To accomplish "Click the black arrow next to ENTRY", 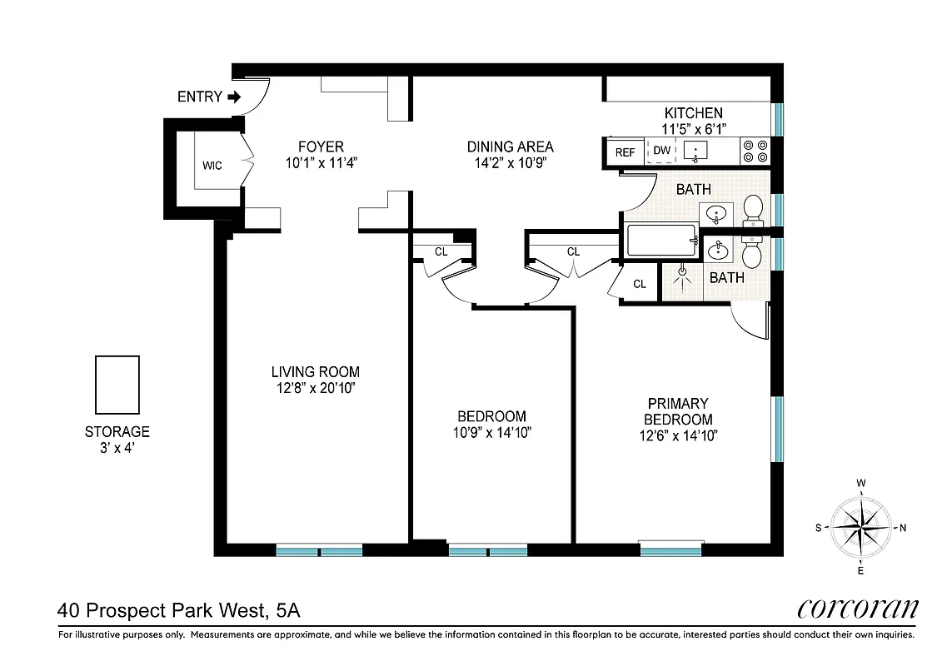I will click(x=234, y=97).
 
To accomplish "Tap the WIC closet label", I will click(x=212, y=166).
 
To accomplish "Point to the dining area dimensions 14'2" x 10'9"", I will click(x=510, y=163).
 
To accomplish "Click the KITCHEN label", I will click(x=693, y=113).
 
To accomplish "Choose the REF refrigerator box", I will click(x=625, y=152).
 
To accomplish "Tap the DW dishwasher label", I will click(x=662, y=151).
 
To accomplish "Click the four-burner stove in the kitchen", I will click(x=755, y=152).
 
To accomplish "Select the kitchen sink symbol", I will click(x=695, y=152).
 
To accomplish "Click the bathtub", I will click(x=660, y=241).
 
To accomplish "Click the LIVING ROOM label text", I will click(x=315, y=372).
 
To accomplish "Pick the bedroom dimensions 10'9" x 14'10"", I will click(x=491, y=432).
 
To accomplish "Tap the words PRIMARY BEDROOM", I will click(x=677, y=411).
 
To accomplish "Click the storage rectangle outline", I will click(x=117, y=385).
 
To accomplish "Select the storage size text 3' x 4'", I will click(x=117, y=448).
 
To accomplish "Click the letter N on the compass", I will click(x=903, y=528).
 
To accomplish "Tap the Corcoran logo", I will click(x=857, y=609).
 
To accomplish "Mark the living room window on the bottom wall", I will click(x=319, y=549).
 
